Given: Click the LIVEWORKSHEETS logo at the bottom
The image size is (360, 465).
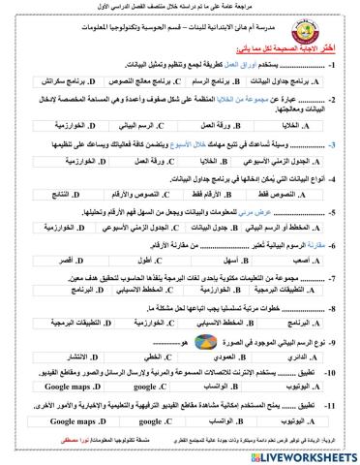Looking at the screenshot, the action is click(299, 452).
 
